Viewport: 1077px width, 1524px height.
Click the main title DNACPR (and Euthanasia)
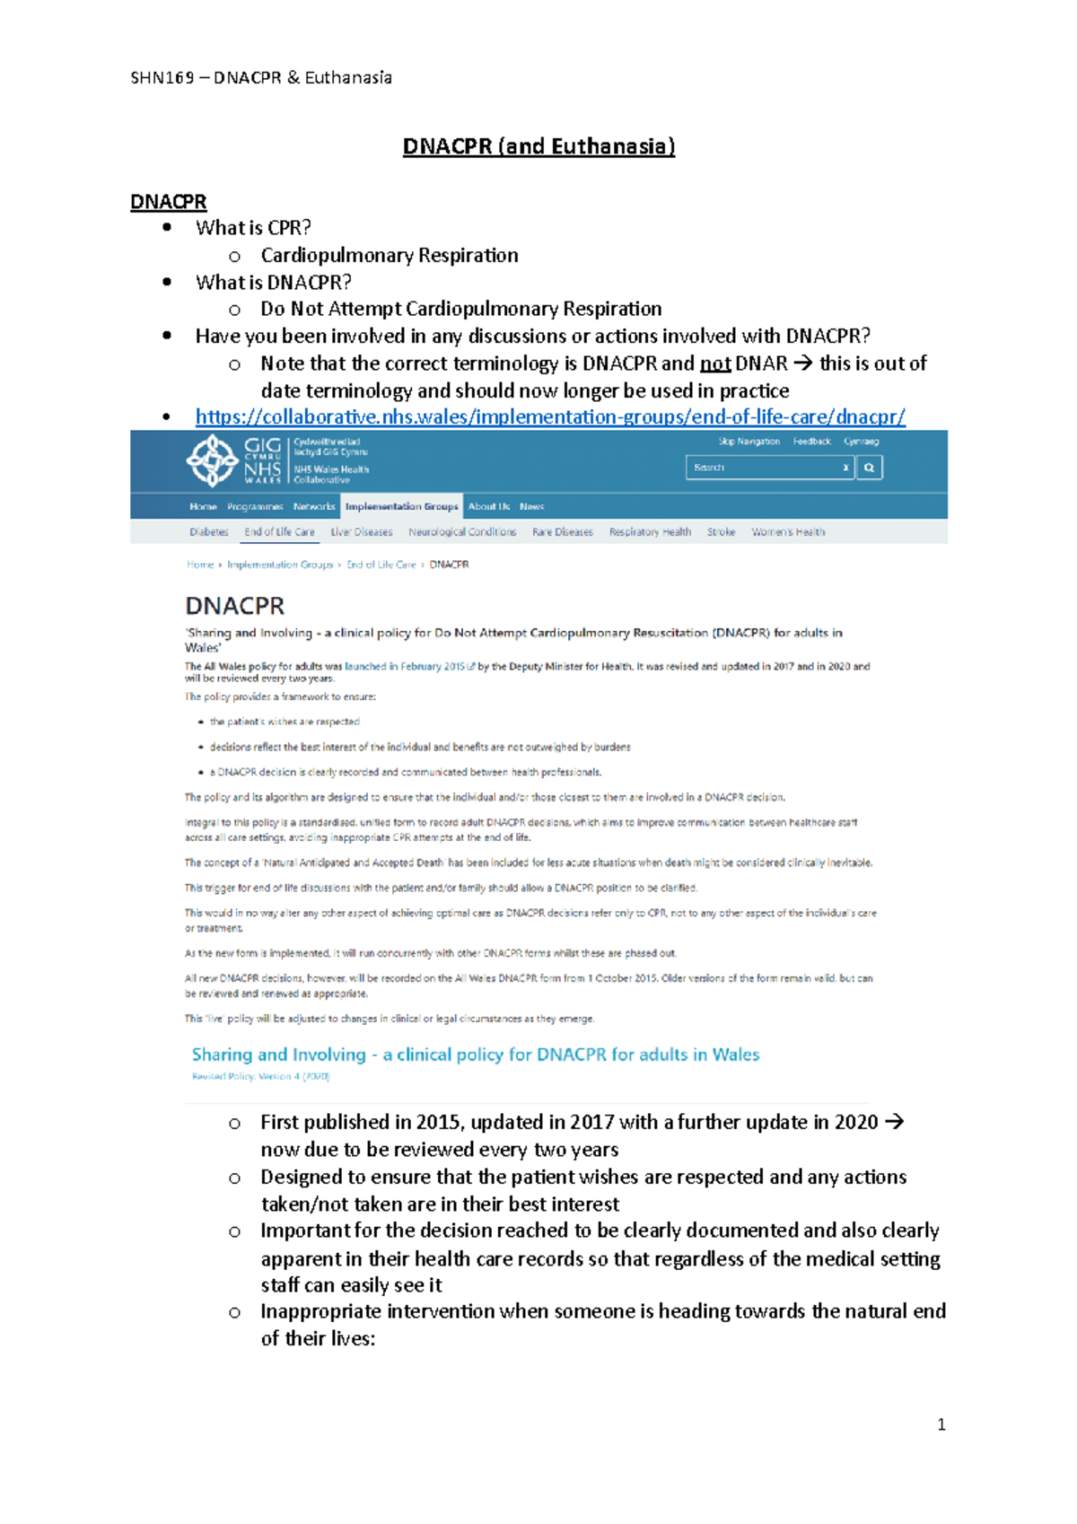pos(538,146)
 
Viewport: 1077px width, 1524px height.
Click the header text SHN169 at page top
pos(162,78)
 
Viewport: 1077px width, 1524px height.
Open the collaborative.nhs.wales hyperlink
pos(549,416)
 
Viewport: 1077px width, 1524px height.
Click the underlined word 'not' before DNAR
pos(714,363)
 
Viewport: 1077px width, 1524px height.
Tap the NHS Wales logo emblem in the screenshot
pos(212,460)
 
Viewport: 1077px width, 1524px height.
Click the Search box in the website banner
pos(763,468)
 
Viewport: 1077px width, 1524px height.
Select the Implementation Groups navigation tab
pos(401,506)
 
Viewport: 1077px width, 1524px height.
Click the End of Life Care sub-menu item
pos(279,532)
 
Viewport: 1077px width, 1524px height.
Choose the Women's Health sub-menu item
pos(788,532)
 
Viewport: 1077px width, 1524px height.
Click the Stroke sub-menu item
pos(721,532)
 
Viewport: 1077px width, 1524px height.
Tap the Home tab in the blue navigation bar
pos(203,506)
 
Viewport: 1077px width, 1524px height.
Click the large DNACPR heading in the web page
pos(234,606)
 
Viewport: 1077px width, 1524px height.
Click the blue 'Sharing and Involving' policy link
pos(476,1055)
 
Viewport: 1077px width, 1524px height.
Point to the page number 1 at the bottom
pos(941,1424)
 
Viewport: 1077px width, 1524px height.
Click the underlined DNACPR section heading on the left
pos(169,202)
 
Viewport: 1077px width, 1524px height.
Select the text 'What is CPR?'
pos(253,228)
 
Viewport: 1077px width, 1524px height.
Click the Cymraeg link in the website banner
pos(861,442)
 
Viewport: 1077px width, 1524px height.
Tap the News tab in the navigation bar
pos(531,506)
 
